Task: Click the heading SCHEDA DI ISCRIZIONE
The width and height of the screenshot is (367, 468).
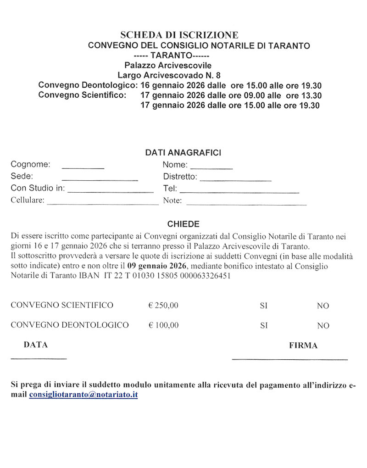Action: tap(179, 35)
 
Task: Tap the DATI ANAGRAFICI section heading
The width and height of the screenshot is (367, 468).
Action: tap(183, 152)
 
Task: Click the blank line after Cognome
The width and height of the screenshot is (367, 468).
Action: tap(83, 167)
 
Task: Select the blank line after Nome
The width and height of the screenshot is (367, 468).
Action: tap(211, 167)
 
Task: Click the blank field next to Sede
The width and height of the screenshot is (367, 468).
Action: tap(100, 178)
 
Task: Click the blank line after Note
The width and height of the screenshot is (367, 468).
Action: tap(246, 202)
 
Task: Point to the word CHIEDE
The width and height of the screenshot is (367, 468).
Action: tap(183, 224)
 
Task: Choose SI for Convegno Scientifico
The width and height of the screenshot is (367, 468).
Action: tap(264, 306)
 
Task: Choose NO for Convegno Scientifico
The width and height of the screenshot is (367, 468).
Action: tap(323, 306)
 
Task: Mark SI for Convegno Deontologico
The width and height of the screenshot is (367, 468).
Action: tap(264, 326)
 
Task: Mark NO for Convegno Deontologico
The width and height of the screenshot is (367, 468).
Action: tap(323, 326)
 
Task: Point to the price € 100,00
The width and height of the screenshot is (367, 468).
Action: tap(163, 326)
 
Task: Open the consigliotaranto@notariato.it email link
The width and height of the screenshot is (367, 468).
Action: tap(83, 395)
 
